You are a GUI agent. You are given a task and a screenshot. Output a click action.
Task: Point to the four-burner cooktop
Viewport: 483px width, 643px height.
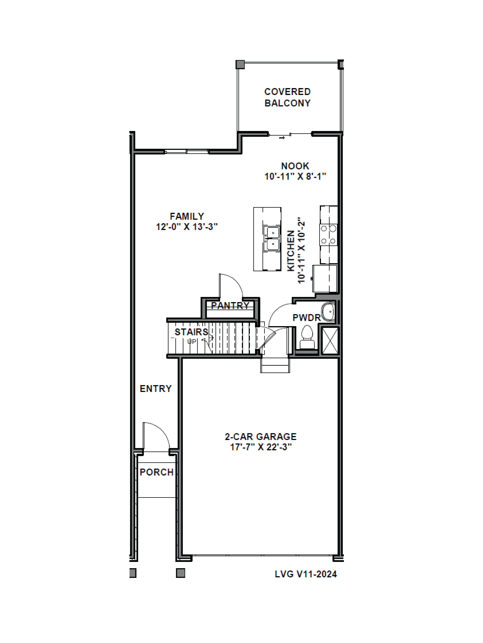click(328, 235)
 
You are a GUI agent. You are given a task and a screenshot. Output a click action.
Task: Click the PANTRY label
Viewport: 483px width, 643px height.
click(230, 306)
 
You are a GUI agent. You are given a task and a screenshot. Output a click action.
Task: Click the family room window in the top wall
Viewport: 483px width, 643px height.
click(186, 151)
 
